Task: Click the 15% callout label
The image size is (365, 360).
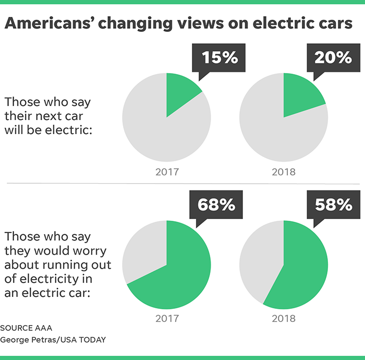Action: (x=220, y=57)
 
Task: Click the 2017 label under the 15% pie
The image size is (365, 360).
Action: (x=167, y=171)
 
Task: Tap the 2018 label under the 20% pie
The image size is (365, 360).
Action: (x=284, y=171)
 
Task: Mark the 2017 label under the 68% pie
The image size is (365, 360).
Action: (x=167, y=319)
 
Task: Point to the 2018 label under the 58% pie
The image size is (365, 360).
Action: (x=284, y=319)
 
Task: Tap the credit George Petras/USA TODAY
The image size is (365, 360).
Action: (x=53, y=340)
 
